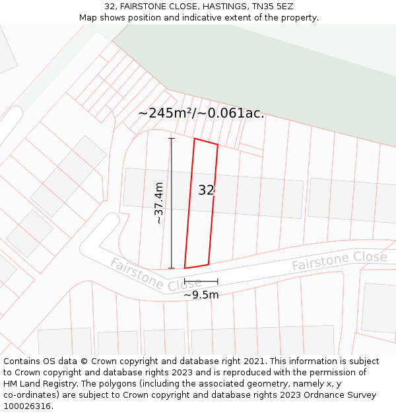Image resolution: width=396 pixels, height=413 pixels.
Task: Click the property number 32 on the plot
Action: tap(207, 190)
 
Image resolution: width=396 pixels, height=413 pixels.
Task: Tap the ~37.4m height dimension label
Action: tap(158, 204)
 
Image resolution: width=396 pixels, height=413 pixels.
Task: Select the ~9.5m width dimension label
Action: tap(201, 295)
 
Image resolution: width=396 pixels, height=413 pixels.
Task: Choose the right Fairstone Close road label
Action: tap(339, 260)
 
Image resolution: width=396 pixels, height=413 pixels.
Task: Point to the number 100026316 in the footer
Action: tap(27, 406)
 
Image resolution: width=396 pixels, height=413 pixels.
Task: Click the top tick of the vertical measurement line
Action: tap(172, 139)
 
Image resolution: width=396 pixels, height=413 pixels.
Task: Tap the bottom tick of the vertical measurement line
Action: tap(172, 268)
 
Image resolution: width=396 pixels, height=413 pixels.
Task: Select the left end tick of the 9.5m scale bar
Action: tap(185, 282)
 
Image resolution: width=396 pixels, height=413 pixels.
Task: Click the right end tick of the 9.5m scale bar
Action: tap(217, 282)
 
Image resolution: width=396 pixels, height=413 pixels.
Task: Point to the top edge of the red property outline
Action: tap(206, 141)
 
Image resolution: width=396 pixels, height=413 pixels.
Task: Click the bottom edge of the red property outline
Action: tap(197, 266)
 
